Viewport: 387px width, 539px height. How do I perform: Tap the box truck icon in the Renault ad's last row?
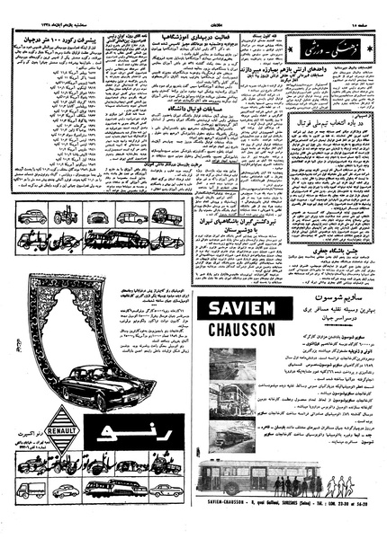[30, 490]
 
